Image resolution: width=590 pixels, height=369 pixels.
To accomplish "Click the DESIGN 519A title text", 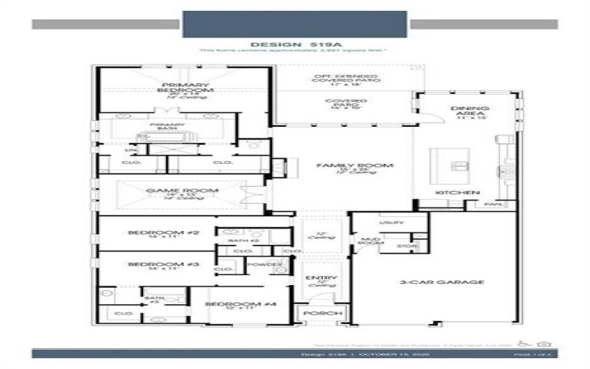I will pos(294,44).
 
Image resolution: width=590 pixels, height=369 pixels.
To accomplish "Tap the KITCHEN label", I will pos(452,192).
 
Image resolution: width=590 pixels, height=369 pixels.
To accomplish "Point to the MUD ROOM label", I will pos(369,243).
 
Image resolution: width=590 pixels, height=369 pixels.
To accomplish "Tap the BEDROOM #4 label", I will pos(230,304).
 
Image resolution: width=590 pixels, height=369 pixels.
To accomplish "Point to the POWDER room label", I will pos(265,264).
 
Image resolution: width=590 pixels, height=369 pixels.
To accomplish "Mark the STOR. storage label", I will pos(407,246).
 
